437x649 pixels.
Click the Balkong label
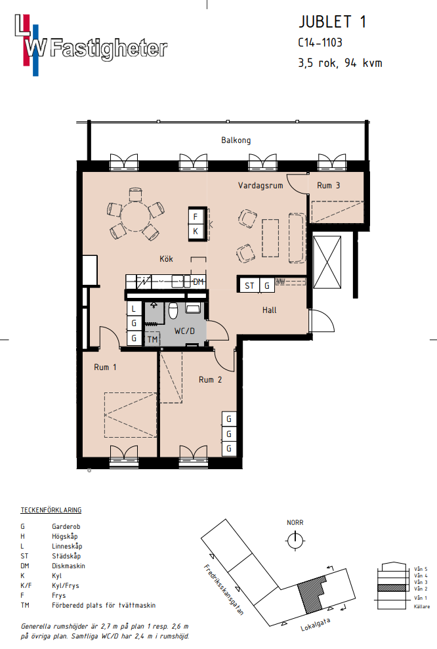point(236,140)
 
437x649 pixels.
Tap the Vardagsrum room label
point(260,186)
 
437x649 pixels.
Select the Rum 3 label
point(328,186)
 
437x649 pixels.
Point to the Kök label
point(166,259)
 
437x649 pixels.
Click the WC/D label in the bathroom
point(184,331)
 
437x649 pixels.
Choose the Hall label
point(270,310)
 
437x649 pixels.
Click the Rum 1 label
point(105,367)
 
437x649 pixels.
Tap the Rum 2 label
point(210,379)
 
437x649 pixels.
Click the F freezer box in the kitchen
point(196,217)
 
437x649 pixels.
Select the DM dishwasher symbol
point(198,282)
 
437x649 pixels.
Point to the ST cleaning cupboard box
point(249,285)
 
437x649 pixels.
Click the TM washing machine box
point(152,339)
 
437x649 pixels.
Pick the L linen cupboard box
point(134,309)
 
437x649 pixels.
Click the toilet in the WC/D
point(173,310)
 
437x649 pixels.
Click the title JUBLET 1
point(332,22)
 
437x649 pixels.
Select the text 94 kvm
point(364,63)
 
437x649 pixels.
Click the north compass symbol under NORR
point(295,541)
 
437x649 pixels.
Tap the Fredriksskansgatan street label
point(224,589)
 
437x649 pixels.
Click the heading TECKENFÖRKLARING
point(51,510)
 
